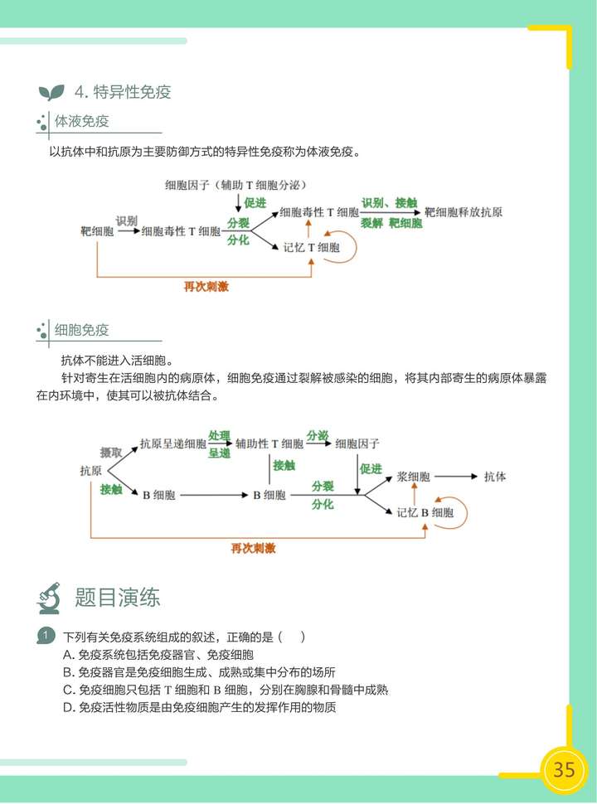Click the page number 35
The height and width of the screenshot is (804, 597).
(x=564, y=768)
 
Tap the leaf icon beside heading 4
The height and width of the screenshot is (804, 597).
(x=51, y=92)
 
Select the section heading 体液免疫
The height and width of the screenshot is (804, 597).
(x=81, y=122)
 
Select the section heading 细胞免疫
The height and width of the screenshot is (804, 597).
(x=81, y=330)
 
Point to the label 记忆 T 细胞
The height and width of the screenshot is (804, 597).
(x=312, y=247)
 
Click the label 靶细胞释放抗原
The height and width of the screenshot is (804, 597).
(x=464, y=212)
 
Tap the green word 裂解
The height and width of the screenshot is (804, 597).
(x=371, y=224)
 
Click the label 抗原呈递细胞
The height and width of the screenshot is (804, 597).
(x=173, y=443)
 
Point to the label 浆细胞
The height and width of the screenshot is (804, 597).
(x=414, y=477)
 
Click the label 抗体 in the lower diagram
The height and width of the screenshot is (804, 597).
(x=494, y=477)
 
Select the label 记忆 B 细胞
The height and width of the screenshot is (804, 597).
(x=425, y=512)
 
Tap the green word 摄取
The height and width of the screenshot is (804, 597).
(x=111, y=453)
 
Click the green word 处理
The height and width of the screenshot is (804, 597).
(x=219, y=436)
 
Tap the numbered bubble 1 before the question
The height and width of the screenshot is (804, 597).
(x=46, y=637)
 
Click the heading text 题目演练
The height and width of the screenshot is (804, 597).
(x=117, y=597)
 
